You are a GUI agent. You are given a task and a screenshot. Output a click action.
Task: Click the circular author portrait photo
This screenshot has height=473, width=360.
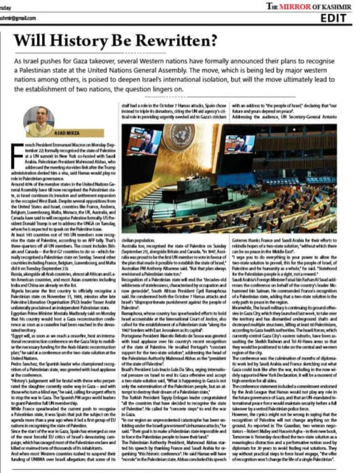[x=39, y=121]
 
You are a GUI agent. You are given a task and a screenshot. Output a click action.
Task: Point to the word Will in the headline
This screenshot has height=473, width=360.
[x=28, y=40]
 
